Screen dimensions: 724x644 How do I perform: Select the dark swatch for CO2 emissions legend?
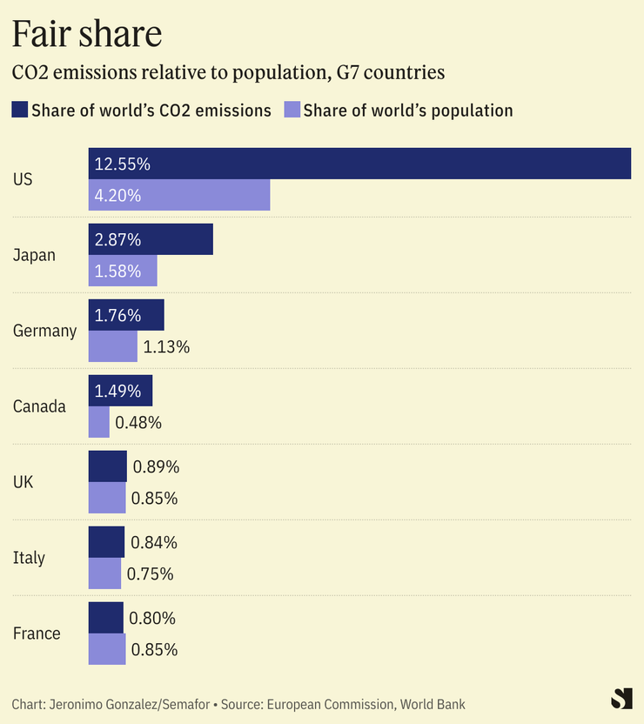click(x=19, y=110)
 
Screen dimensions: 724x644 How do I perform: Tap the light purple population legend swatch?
click(x=292, y=110)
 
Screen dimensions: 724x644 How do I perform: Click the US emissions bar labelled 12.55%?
click(x=359, y=164)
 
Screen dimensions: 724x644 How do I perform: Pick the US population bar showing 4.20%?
click(x=179, y=195)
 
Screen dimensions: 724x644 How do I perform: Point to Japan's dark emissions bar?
click(x=151, y=239)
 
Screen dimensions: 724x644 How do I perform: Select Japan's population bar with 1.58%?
click(x=123, y=271)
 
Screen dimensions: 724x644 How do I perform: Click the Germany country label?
click(x=44, y=331)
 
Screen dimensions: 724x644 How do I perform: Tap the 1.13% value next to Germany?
click(x=166, y=347)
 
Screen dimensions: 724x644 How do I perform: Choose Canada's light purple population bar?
click(x=99, y=423)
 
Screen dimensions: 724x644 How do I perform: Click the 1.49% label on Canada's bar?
click(x=117, y=392)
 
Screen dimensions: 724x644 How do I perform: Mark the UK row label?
click(x=23, y=482)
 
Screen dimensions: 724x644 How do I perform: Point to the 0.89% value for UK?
click(x=156, y=467)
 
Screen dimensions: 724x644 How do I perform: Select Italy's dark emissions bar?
click(x=106, y=542)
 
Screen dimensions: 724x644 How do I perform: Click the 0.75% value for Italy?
click(x=150, y=574)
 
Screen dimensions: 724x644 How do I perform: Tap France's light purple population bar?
click(x=107, y=649)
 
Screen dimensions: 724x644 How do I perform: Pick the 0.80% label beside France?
click(x=152, y=619)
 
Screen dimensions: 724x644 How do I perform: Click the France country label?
click(x=37, y=633)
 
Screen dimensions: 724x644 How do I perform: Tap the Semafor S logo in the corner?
click(x=621, y=699)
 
